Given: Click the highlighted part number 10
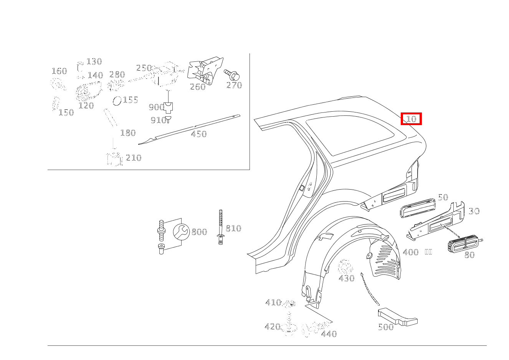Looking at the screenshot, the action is point(411,119).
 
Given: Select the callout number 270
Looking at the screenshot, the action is point(234,85).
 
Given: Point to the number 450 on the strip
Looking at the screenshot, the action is point(198,134).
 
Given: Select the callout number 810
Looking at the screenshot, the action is point(233,228).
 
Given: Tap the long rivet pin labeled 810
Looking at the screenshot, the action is point(220,226).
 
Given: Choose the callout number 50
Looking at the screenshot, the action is point(443,197).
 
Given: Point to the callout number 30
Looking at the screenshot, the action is point(474,211).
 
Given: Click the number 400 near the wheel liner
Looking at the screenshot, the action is point(411,253).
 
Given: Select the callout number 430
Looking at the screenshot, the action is point(347,278).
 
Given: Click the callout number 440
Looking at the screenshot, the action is point(329,334).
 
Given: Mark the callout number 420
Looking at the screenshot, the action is point(272,327).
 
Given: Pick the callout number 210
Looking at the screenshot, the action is point(133,158).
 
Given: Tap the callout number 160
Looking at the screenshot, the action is point(59,71).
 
